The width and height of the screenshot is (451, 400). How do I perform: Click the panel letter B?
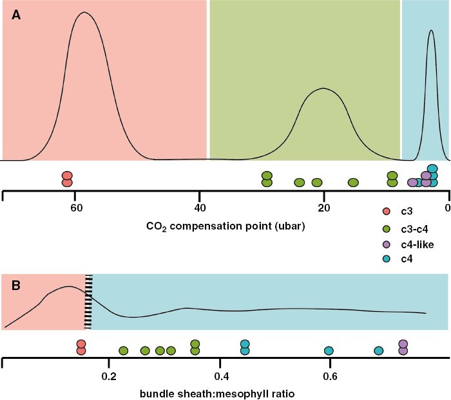click(x=17, y=284)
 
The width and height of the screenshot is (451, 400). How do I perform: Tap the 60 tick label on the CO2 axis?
click(x=76, y=207)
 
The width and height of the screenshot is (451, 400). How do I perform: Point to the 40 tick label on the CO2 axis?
click(x=200, y=207)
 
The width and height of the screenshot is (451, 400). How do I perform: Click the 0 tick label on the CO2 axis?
click(x=447, y=207)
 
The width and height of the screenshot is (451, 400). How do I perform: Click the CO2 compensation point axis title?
click(x=225, y=226)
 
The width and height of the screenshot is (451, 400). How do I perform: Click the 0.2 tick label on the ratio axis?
click(x=110, y=374)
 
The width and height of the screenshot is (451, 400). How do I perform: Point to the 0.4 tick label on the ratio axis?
click(x=222, y=374)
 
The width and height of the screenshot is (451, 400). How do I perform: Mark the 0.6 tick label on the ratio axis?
click(x=330, y=374)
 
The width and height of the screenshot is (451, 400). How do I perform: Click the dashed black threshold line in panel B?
click(x=89, y=301)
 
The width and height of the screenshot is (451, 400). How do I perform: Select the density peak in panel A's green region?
click(x=324, y=89)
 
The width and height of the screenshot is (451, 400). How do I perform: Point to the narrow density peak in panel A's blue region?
click(x=432, y=30)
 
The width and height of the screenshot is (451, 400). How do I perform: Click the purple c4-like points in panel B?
click(x=403, y=347)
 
